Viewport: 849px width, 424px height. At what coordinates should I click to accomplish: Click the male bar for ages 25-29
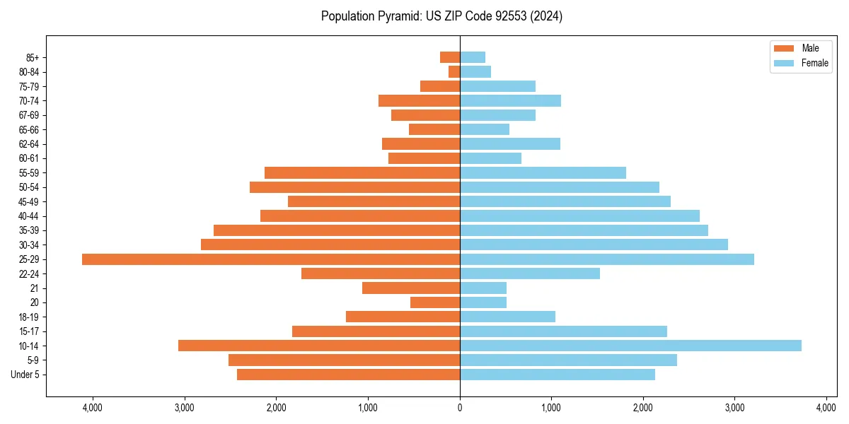pyautogui.click(x=271, y=259)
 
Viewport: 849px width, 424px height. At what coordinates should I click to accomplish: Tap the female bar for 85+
pyautogui.click(x=473, y=57)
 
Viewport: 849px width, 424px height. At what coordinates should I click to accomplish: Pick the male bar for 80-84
pyautogui.click(x=454, y=71)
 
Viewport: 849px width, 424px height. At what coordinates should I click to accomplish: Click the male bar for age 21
pyautogui.click(x=411, y=288)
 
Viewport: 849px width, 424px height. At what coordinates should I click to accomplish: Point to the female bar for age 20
pyautogui.click(x=483, y=302)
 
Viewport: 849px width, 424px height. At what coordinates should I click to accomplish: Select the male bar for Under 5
pyautogui.click(x=348, y=375)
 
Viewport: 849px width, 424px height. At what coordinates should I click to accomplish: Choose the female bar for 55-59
pyautogui.click(x=543, y=172)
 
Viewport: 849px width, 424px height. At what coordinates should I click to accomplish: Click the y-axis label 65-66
pyautogui.click(x=29, y=129)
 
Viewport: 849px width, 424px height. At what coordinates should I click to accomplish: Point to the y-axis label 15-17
pyautogui.click(x=29, y=331)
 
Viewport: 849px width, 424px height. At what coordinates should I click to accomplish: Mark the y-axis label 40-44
pyautogui.click(x=29, y=216)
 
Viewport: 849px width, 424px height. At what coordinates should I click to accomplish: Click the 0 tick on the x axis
pyautogui.click(x=460, y=407)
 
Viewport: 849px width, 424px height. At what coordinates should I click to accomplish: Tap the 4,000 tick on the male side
pyautogui.click(x=93, y=407)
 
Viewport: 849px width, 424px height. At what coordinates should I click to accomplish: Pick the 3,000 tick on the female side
pyautogui.click(x=734, y=407)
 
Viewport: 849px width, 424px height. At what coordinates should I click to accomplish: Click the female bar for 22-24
pyautogui.click(x=530, y=273)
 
